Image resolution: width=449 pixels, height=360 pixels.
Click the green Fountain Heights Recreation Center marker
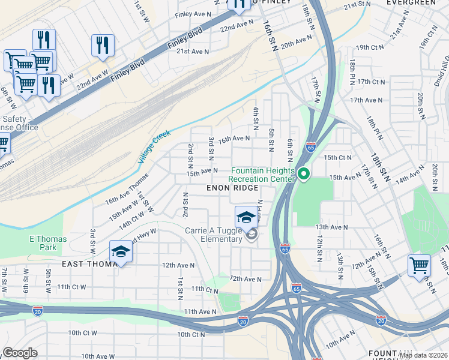pos(304,175)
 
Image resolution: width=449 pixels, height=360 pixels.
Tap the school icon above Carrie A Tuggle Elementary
pos(246,217)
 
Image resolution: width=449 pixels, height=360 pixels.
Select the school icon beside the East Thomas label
pos(121,252)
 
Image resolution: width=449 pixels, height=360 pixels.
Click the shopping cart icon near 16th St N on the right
pos(418,265)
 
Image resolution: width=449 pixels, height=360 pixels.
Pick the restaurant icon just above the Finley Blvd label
pos(103,46)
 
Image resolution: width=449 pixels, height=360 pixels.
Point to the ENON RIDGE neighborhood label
pos(232,188)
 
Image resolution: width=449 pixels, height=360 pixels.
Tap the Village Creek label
pos(154,146)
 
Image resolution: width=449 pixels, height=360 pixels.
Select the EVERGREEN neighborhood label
pos(411,3)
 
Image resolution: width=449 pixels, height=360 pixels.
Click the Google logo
pos(20,353)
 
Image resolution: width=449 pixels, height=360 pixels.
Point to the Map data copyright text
pos(423,355)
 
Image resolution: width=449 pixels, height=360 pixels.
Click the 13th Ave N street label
pos(332,227)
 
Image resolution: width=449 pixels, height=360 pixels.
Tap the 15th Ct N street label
pos(337,157)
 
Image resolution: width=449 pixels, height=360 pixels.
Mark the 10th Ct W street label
pos(82,332)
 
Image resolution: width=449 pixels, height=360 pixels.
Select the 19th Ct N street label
pos(370,47)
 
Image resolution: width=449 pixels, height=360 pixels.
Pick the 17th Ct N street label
pos(370,81)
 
